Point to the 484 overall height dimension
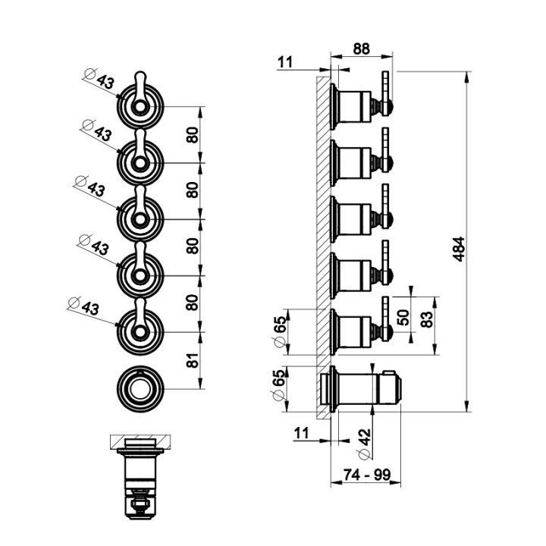click(x=458, y=249)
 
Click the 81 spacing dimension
click(x=193, y=360)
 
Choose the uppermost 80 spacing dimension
click(x=193, y=136)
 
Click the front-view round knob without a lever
click(x=140, y=389)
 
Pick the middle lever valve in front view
click(x=140, y=218)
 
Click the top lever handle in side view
click(x=386, y=87)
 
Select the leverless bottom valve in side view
click(x=360, y=388)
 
